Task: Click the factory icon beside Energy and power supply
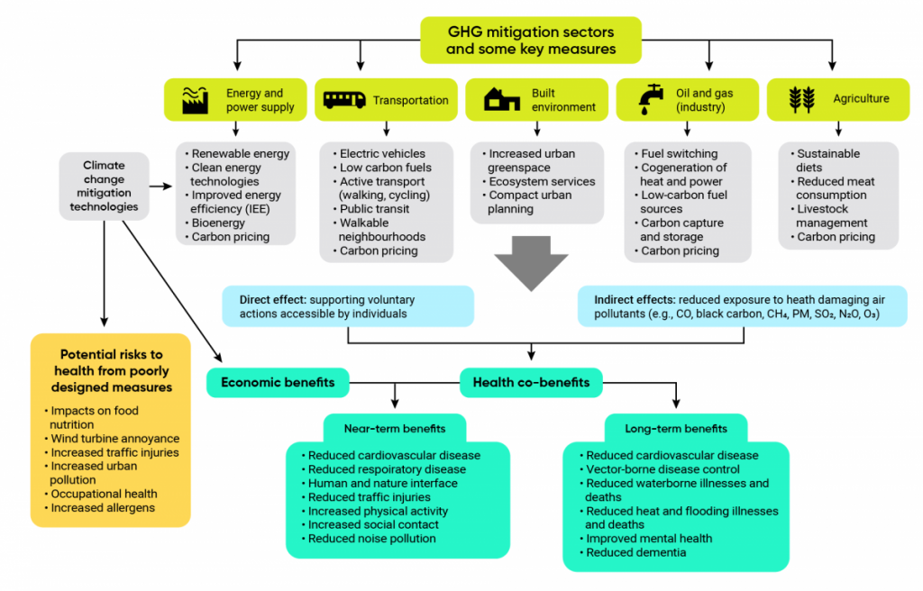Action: coord(196,100)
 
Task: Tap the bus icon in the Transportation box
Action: coord(344,100)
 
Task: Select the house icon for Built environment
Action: coord(501,100)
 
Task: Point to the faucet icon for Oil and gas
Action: coord(651,100)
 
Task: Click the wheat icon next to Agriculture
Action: coord(801,100)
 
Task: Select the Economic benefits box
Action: coord(278,382)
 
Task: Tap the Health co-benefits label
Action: coord(531,382)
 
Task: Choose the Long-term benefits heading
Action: coord(675,428)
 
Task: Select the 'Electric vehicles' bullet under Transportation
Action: coord(382,153)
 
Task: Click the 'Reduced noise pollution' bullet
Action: coord(371,539)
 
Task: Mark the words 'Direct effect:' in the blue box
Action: coord(275,300)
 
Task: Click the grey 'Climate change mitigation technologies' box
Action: coord(104,186)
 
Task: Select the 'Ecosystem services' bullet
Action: coord(541,181)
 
